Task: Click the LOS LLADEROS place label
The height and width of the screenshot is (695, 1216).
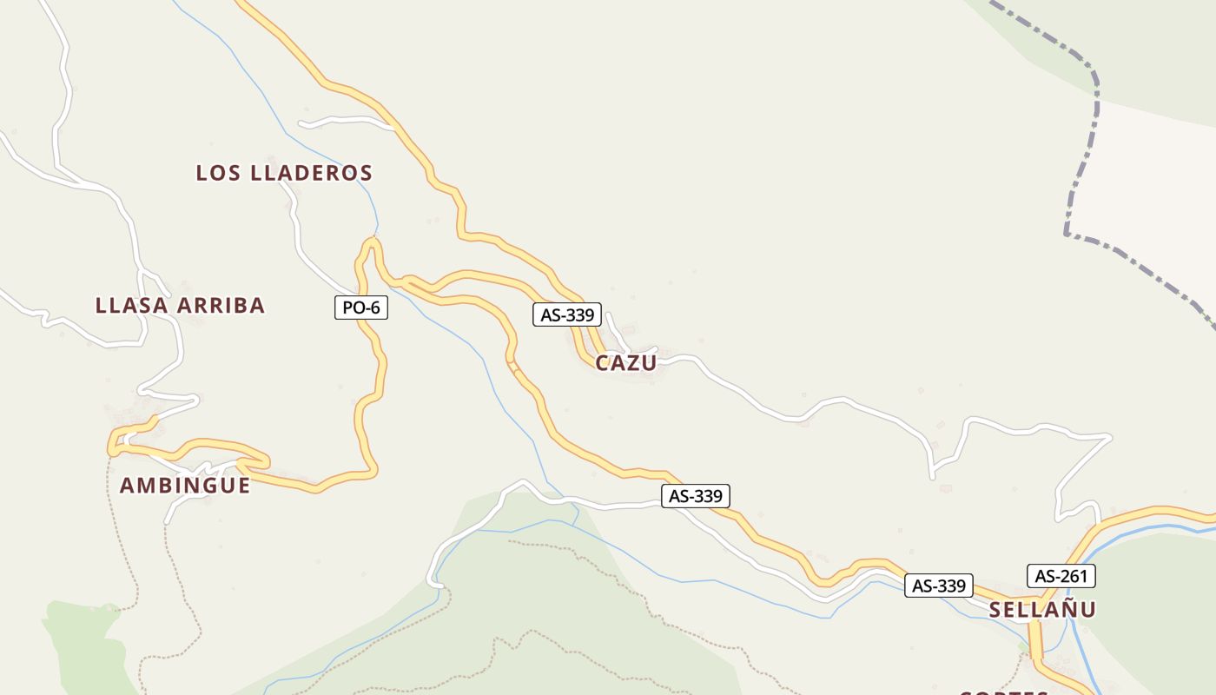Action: pos(284,173)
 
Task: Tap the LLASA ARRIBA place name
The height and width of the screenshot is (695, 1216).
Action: pos(180,306)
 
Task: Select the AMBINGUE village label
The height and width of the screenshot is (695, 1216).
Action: pos(184,486)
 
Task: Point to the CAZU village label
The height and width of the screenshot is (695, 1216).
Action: pos(625,363)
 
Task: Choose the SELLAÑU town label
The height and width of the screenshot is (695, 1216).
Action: pos(1042,610)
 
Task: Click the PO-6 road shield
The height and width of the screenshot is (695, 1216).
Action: pos(361,308)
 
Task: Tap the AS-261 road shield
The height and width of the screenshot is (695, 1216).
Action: pos(1061,576)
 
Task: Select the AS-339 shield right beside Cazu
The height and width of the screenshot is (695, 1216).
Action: pos(566,314)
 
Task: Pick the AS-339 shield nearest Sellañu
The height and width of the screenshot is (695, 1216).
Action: pos(938,586)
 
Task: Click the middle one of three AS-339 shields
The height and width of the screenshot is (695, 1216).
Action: pos(696,496)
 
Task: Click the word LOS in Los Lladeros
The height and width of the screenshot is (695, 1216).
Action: pos(218,173)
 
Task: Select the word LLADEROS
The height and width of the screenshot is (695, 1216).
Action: pos(311,173)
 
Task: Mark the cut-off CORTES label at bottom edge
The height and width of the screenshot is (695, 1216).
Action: pos(1006,692)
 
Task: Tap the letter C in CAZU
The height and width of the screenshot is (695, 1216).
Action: pos(603,363)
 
